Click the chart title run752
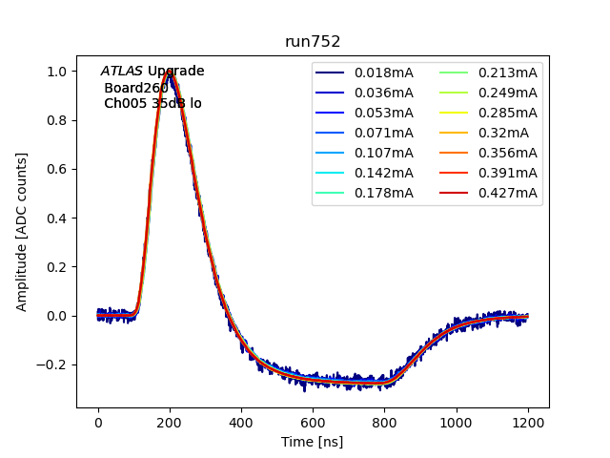(313, 42)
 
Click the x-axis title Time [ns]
(313, 442)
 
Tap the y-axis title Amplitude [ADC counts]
(22, 232)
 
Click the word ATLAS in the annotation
(122, 72)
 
